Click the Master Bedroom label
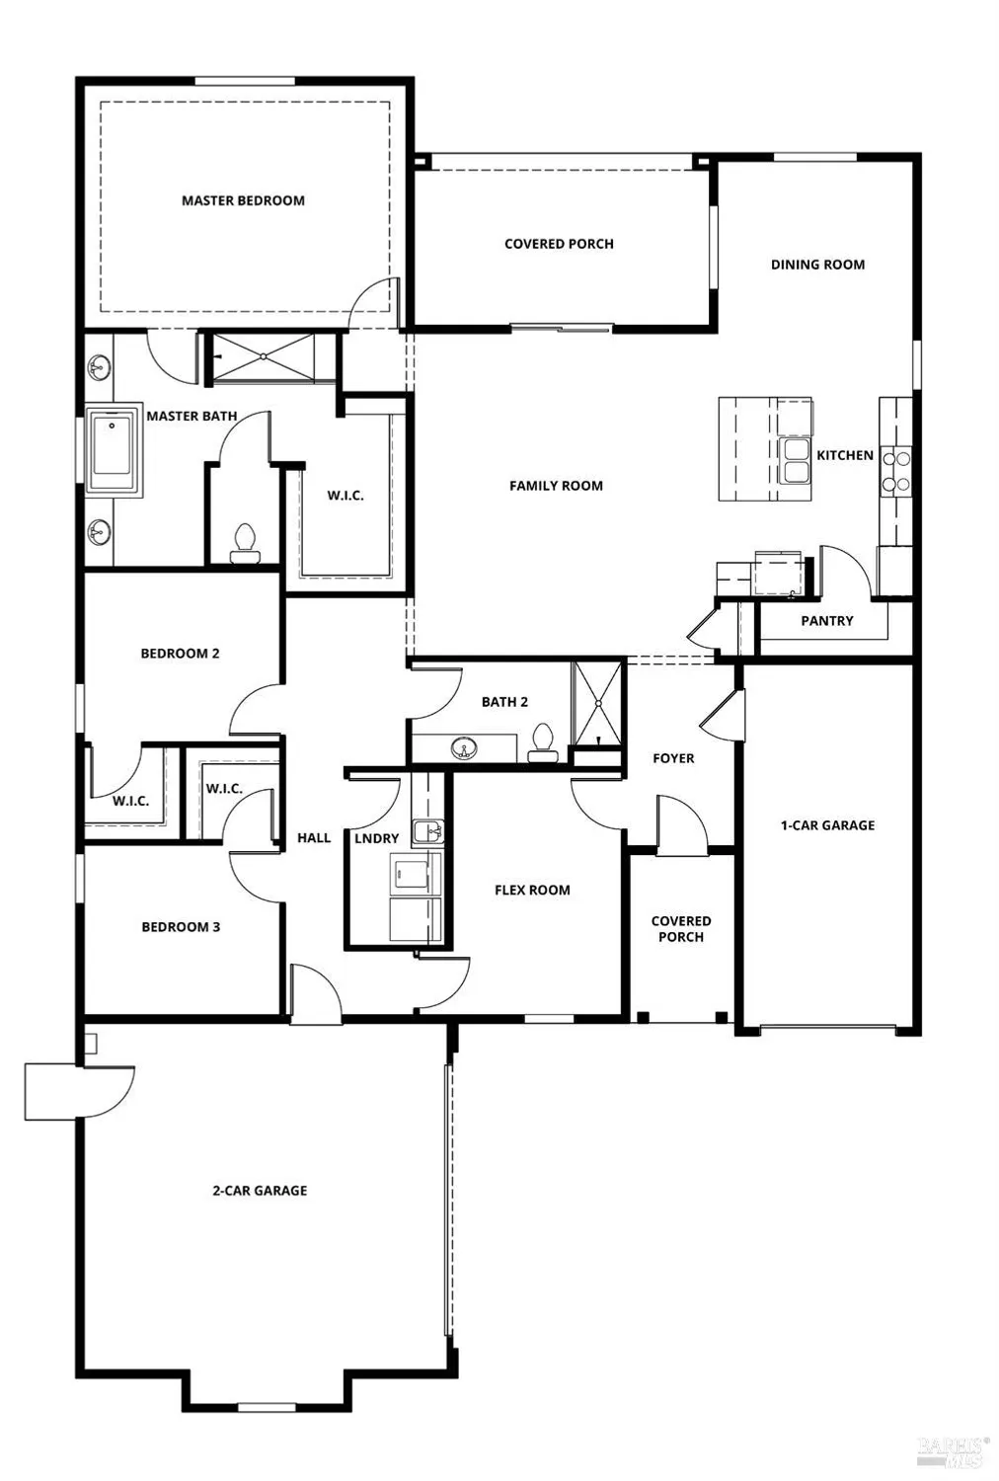pyautogui.click(x=243, y=200)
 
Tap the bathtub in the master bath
pyautogui.click(x=115, y=451)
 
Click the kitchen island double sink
pyautogui.click(x=795, y=461)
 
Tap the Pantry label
pyautogui.click(x=826, y=621)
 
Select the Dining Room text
pyautogui.click(x=817, y=265)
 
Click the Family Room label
pyautogui.click(x=556, y=486)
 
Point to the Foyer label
pyautogui.click(x=673, y=758)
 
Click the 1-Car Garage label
pyautogui.click(x=827, y=825)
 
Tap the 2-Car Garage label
pyautogui.click(x=260, y=1191)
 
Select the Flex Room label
pyautogui.click(x=532, y=890)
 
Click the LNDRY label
pyautogui.click(x=376, y=838)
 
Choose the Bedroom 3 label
pyautogui.click(x=181, y=927)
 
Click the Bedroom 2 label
pyautogui.click(x=180, y=654)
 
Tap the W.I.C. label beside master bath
pyautogui.click(x=346, y=496)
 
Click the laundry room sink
pyautogui.click(x=427, y=831)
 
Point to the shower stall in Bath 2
pyautogui.click(x=598, y=702)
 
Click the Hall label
pyautogui.click(x=314, y=838)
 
